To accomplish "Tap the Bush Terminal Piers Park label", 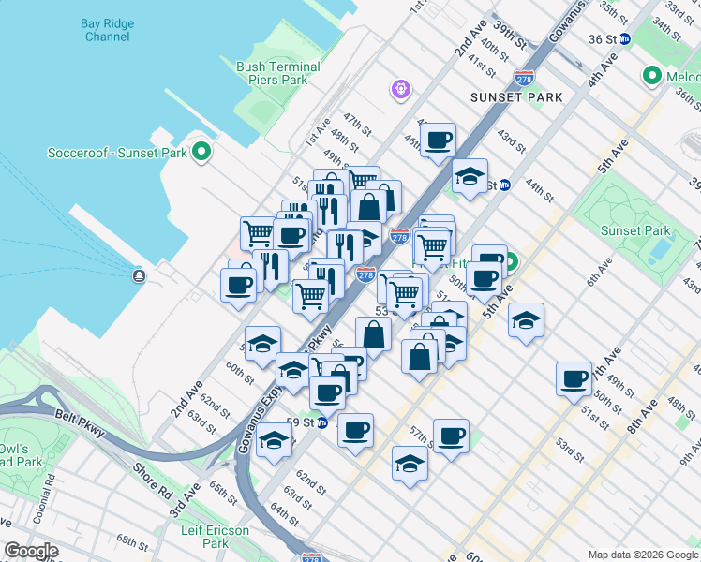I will tap(278, 73).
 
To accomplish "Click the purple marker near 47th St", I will tap(400, 89).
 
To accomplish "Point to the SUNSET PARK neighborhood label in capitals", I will tap(517, 97).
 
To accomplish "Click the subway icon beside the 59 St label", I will tap(321, 422).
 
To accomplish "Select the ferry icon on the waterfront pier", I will tap(140, 275).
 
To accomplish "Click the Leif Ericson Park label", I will tap(216, 537).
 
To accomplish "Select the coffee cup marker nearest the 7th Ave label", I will tap(573, 378).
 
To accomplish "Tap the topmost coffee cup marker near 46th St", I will tap(438, 140).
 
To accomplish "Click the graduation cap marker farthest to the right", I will tap(527, 319).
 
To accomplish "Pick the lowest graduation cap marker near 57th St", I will tap(410, 463).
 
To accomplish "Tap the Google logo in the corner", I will tap(32, 551).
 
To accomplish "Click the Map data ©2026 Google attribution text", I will tap(643, 555).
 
